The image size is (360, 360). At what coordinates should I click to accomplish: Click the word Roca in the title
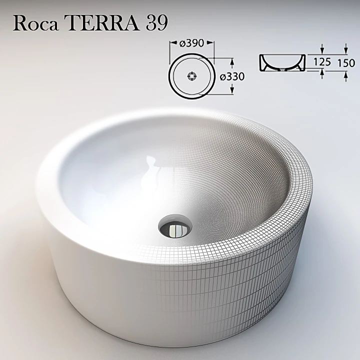(x=32, y=22)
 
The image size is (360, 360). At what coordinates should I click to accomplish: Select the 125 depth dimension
(x=322, y=62)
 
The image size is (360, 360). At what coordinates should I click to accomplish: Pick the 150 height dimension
(x=345, y=63)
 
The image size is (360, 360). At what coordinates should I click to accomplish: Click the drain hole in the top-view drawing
(x=191, y=76)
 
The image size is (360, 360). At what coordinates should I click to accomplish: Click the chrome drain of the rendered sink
(x=173, y=228)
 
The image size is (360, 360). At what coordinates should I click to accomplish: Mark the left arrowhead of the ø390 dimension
(x=172, y=43)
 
